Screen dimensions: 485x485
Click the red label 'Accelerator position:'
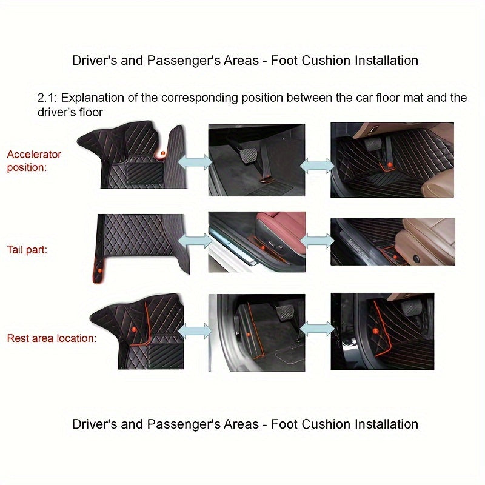coord(34,161)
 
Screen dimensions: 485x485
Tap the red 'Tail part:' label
coord(27,250)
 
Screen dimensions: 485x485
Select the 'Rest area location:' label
coord(52,338)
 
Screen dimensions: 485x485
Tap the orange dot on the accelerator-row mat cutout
coord(162,153)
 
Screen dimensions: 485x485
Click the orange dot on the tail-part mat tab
coord(99,270)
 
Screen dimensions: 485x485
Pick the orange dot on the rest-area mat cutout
coord(133,329)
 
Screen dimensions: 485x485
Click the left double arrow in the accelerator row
coord(195,162)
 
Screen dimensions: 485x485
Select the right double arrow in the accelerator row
coord(317,165)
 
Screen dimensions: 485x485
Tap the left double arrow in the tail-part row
coord(195,241)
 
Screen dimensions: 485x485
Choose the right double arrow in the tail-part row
coord(317,241)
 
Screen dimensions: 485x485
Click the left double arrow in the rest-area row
coord(195,330)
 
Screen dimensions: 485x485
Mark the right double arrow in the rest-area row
coord(317,329)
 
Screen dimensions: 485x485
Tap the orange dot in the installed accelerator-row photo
coord(390,164)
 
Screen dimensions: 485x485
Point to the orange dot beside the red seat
coord(263,247)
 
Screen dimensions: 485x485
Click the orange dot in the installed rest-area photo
coord(375,331)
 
